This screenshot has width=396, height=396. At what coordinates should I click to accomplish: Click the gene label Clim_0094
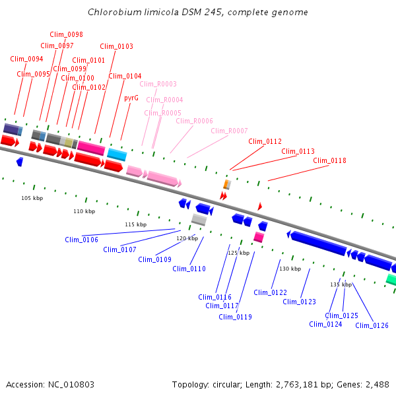[26, 59]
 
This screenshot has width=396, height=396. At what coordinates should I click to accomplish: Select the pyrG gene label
[131, 98]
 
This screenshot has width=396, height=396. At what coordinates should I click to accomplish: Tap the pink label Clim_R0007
[229, 131]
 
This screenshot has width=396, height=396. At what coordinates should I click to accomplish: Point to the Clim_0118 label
[329, 160]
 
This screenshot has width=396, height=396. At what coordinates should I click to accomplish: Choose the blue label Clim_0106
[81, 240]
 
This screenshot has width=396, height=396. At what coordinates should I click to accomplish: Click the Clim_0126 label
[372, 325]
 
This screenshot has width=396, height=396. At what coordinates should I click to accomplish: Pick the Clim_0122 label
[270, 292]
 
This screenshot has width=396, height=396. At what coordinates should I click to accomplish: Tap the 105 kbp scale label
[32, 198]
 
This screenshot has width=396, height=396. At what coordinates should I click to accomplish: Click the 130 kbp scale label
[290, 269]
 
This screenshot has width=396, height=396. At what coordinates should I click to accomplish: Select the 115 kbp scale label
[135, 225]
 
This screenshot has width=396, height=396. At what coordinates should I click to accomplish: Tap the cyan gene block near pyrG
[117, 154]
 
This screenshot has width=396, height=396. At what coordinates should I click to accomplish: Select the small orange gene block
[226, 184]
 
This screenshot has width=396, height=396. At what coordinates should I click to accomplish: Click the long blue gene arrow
[319, 244]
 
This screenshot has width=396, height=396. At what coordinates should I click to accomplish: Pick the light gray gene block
[199, 219]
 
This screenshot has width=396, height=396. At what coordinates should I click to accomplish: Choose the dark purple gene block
[11, 129]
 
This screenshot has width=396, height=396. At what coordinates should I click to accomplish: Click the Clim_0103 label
[116, 46]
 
